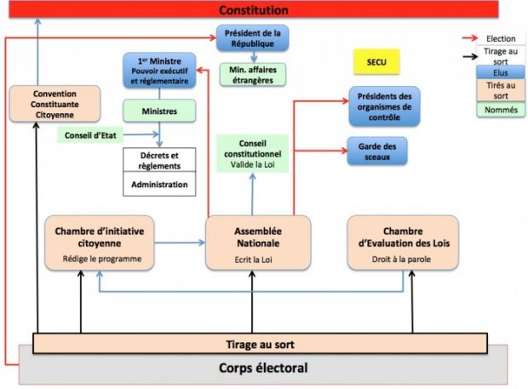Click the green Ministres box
(159, 111)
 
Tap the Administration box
(159, 182)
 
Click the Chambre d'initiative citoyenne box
(100, 243)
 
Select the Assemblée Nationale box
(258, 243)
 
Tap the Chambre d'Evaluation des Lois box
(403, 243)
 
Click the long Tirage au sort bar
(260, 344)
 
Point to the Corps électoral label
(263, 369)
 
